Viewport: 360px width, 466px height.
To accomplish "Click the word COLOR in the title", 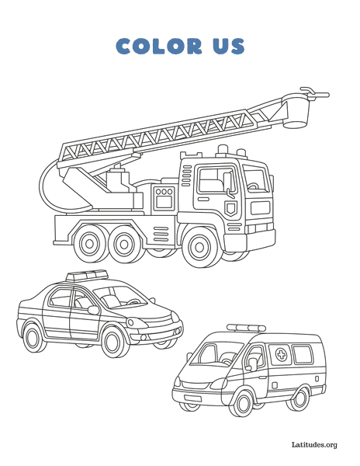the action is click(x=159, y=46).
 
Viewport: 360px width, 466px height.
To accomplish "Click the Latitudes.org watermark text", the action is click(x=314, y=444).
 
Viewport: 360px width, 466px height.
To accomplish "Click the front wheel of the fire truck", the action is click(x=199, y=247).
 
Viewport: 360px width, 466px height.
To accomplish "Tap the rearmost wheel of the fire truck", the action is click(x=89, y=244).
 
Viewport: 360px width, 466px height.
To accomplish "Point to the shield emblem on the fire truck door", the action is click(x=230, y=207).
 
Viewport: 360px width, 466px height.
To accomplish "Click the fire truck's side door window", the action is click(x=217, y=180).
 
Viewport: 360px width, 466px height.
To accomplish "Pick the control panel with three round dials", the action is click(x=164, y=197).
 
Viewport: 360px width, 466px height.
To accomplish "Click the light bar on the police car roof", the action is click(x=87, y=276).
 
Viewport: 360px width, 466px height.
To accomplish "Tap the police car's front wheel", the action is click(x=113, y=342).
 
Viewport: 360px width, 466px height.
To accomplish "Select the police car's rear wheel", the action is click(x=33, y=338).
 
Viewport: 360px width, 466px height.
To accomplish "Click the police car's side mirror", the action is click(x=93, y=310).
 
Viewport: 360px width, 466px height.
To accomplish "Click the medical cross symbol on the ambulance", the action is click(x=281, y=354).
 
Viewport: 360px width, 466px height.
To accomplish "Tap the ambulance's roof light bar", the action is click(x=246, y=328).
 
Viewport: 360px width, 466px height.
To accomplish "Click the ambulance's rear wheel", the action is click(x=299, y=398).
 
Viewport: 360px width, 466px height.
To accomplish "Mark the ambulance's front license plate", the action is click(x=192, y=398).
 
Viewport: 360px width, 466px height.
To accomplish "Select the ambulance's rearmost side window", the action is click(x=303, y=354).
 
